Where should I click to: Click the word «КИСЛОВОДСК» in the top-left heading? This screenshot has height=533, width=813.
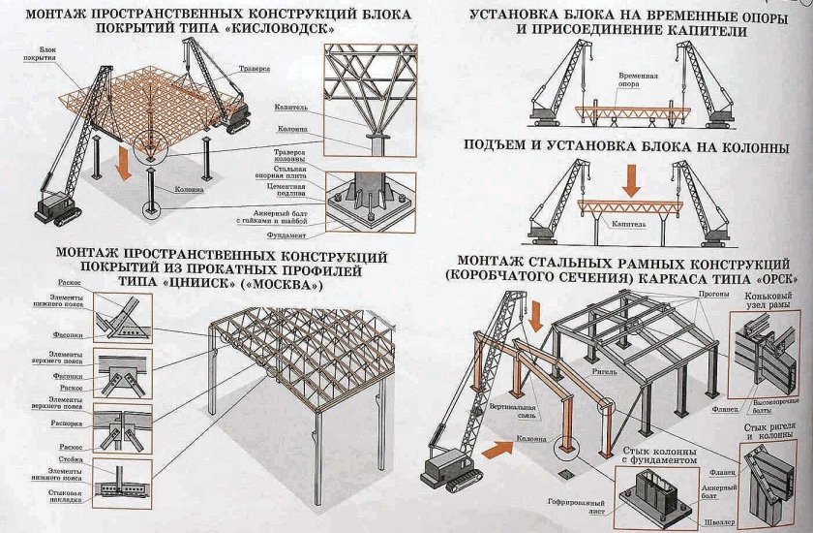point(302,31)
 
